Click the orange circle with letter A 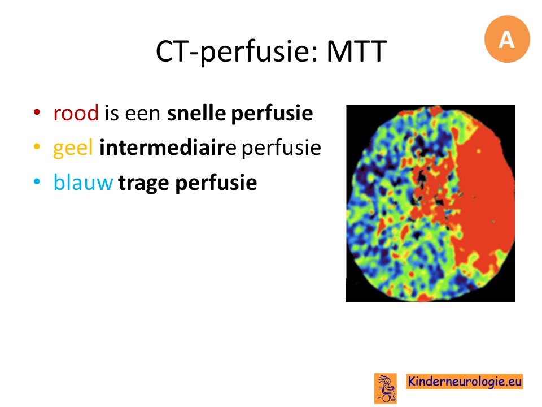pyautogui.click(x=507, y=39)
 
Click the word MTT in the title pyautogui.click(x=356, y=51)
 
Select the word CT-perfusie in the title pyautogui.click(x=237, y=52)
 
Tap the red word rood pyautogui.click(x=76, y=113)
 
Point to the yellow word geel pyautogui.click(x=73, y=148)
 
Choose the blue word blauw pyautogui.click(x=83, y=182)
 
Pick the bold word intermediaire pyautogui.click(x=168, y=147)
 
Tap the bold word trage pyautogui.click(x=145, y=183)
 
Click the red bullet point pyautogui.click(x=37, y=112)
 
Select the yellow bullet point pyautogui.click(x=37, y=146)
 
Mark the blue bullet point pyautogui.click(x=37, y=181)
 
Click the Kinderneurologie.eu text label pyautogui.click(x=464, y=382)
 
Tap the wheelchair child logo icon pyautogui.click(x=386, y=388)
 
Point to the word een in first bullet pyautogui.click(x=143, y=114)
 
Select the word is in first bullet pyautogui.click(x=111, y=113)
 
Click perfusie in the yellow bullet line pyautogui.click(x=281, y=148)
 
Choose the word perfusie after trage pyautogui.click(x=216, y=183)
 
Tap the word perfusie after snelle pyautogui.click(x=272, y=114)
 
